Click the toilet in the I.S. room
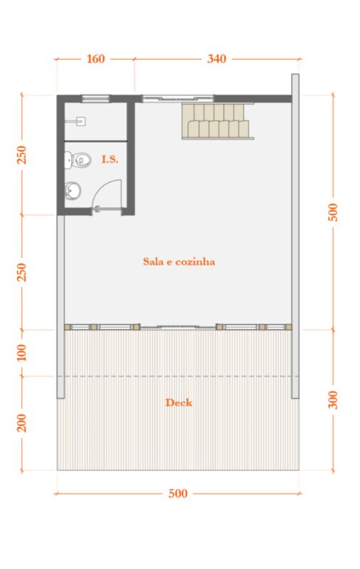[78, 160]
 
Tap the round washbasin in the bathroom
[73, 191]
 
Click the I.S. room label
[110, 159]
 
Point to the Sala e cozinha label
[179, 262]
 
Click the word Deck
[179, 403]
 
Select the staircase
[218, 121]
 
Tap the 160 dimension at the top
[95, 59]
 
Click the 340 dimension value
[217, 59]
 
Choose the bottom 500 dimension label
[178, 494]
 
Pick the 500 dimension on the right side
[333, 212]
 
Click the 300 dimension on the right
[333, 400]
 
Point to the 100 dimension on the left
[22, 352]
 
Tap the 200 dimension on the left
[22, 422]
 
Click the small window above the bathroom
[95, 98]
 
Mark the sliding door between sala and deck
[178, 327]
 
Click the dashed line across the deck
[178, 376]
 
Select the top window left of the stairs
[177, 98]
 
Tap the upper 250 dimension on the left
[22, 155]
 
